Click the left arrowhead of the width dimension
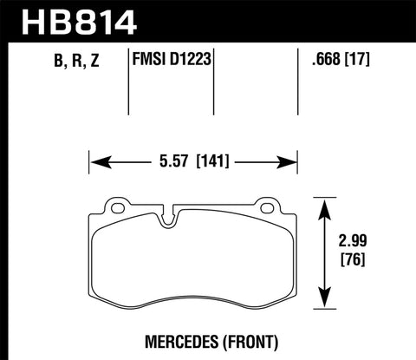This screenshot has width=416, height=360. tap(97, 160)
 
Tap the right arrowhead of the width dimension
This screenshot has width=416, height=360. tap(290, 160)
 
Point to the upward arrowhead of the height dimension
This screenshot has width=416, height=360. tap(325, 205)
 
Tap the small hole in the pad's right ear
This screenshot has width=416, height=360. tap(267, 207)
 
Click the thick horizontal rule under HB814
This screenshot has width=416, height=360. tap(208, 38)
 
